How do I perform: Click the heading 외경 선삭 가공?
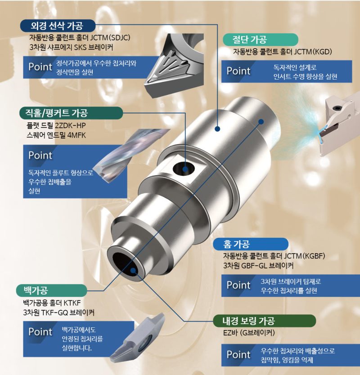tap(57, 26)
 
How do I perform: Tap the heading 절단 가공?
tap(249, 40)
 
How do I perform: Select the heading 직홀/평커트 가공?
tap(57, 113)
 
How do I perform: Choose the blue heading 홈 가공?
tap(237, 244)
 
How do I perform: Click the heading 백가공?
tap(36, 290)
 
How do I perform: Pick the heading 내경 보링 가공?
tap(248, 321)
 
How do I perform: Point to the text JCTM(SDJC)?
tap(110, 38)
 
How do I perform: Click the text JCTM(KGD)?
tap(313, 52)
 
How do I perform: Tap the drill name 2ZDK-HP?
tap(70, 125)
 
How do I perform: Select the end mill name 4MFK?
tap(76, 135)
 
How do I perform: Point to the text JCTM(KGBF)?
tap(304, 256)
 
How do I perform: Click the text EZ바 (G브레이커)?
tap(249, 333)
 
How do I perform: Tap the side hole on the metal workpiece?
tap(183, 168)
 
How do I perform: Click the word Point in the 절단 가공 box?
tap(238, 71)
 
